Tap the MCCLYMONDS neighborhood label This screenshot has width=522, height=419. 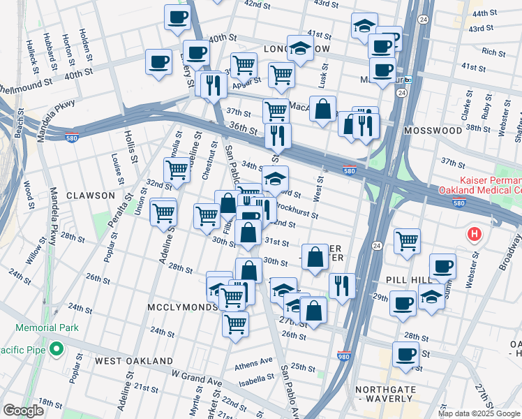tap(183, 307)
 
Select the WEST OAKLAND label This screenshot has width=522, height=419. tap(134, 360)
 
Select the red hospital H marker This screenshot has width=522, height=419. tap(475, 233)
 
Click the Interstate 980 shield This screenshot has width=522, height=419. tap(343, 356)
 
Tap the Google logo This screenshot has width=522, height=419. tap(23, 411)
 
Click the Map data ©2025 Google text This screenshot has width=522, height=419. tap(479, 413)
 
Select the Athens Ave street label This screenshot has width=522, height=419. tap(254, 362)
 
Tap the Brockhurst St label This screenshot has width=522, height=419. tap(297, 209)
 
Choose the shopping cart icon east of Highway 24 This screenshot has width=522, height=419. tap(407, 241)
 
